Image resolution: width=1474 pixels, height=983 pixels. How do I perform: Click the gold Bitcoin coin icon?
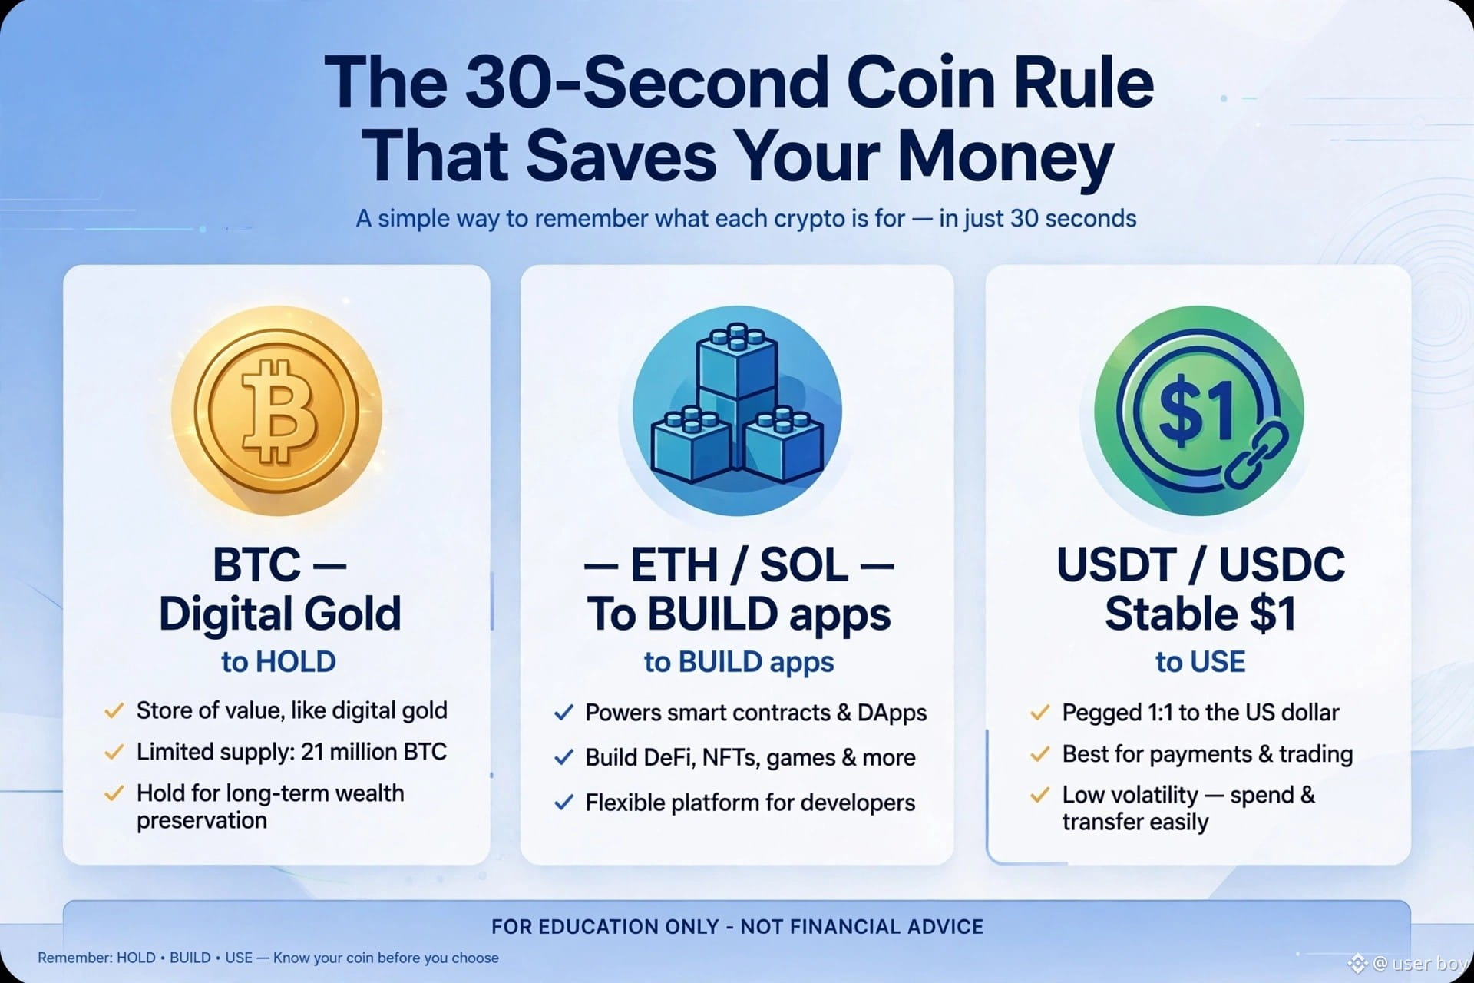(x=276, y=411)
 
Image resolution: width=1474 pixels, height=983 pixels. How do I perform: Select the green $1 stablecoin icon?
(x=1199, y=411)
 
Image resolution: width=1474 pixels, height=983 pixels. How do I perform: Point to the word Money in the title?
(x=1006, y=158)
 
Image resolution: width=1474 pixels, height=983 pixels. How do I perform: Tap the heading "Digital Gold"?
(x=280, y=614)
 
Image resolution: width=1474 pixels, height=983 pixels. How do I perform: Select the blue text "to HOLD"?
(x=279, y=662)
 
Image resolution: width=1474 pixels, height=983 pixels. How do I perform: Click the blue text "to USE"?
(x=1201, y=662)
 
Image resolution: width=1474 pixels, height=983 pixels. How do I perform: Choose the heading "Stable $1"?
(x=1201, y=614)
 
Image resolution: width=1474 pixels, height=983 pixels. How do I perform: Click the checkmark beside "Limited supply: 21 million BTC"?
(x=114, y=752)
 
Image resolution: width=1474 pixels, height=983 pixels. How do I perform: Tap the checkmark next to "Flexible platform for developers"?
(x=563, y=803)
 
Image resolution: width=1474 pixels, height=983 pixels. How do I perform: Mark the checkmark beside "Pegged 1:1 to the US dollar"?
(x=1039, y=713)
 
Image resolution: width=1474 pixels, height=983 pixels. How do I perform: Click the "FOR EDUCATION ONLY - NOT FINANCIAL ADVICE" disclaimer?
(x=737, y=927)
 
